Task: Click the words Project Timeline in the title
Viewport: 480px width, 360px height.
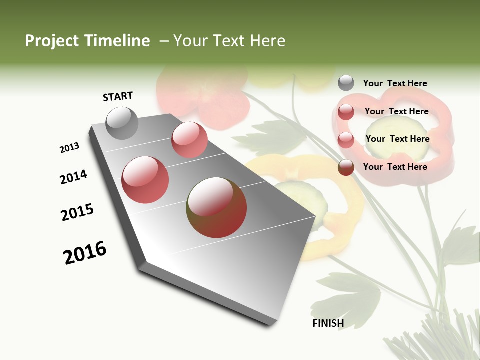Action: (x=87, y=41)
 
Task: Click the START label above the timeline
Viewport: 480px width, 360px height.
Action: (x=118, y=96)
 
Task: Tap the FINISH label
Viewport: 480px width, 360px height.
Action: (x=328, y=323)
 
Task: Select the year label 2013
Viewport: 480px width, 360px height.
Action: (x=69, y=148)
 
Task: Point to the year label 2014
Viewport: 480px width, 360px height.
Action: (x=73, y=177)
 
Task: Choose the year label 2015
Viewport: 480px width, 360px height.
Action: (x=77, y=212)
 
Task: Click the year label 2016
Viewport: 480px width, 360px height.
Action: (x=85, y=253)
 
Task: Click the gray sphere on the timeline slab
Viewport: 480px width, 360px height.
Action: (x=122, y=123)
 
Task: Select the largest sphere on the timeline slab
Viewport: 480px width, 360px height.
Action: (x=216, y=207)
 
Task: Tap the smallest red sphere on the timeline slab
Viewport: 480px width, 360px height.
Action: (x=189, y=140)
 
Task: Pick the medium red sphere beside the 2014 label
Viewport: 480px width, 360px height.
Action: (x=145, y=180)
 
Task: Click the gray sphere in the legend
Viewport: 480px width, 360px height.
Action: (x=346, y=83)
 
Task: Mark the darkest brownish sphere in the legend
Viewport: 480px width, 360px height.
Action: (x=346, y=167)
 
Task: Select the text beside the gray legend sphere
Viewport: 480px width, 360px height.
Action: (x=395, y=84)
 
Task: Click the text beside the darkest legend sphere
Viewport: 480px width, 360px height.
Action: (x=395, y=167)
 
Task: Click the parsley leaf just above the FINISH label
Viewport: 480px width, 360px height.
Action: (x=345, y=295)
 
